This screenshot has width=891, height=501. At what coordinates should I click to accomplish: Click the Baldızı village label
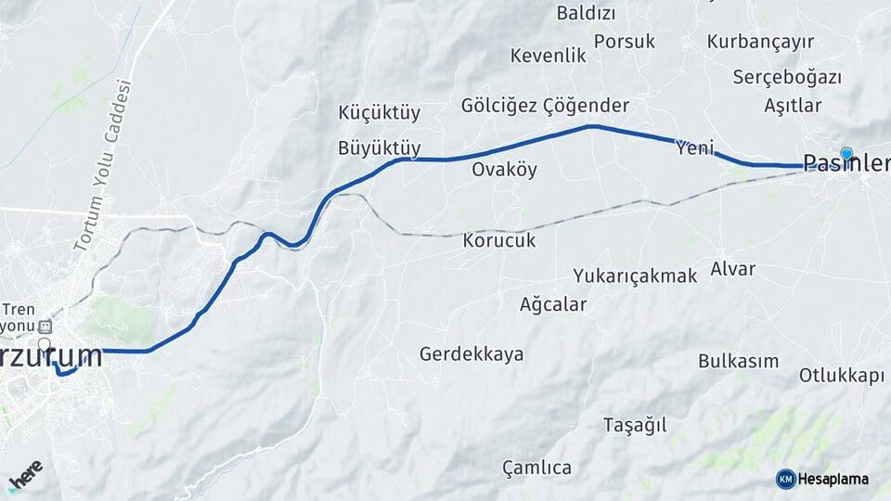[586, 13]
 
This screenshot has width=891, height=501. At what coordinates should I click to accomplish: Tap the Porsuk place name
[624, 42]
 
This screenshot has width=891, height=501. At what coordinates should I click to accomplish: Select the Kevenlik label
[548, 56]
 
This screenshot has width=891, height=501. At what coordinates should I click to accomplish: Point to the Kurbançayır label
[760, 42]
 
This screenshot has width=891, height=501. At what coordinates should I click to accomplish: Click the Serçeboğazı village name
[786, 77]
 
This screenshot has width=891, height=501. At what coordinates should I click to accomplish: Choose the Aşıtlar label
[793, 105]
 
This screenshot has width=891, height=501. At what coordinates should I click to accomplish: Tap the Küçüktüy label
[380, 113]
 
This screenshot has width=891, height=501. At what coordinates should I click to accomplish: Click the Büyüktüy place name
[380, 148]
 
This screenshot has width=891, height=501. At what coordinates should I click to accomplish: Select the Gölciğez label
[499, 106]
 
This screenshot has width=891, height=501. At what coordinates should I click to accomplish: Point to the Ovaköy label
[504, 170]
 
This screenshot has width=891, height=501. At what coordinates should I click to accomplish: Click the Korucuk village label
[498, 240]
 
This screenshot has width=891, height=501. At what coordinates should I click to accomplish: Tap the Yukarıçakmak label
[634, 276]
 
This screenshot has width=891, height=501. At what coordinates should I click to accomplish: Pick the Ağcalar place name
[553, 304]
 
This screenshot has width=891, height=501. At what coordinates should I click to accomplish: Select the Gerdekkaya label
[471, 354]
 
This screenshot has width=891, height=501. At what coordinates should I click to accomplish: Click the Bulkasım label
[738, 361]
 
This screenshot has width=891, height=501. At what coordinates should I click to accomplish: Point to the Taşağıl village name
[635, 426]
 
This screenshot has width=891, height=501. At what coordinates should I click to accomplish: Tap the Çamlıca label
[536, 468]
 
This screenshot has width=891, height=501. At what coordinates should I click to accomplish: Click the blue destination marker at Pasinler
[846, 153]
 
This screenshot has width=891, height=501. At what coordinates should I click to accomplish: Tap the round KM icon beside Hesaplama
[785, 479]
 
